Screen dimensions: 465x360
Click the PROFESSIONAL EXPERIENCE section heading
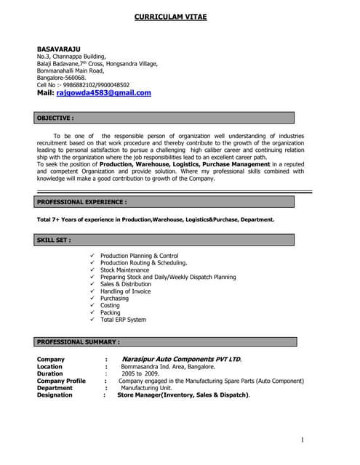point(81,201)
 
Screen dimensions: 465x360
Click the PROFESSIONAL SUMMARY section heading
point(79,341)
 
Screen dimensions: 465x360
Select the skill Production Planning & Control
point(139,256)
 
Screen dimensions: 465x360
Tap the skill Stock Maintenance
point(124,270)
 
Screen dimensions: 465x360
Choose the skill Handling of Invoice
point(126,291)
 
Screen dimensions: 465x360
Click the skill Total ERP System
point(123,320)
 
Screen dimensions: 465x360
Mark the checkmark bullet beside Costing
point(92,306)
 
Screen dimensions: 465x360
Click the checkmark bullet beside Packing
point(92,313)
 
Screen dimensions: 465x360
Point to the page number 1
point(302,440)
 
